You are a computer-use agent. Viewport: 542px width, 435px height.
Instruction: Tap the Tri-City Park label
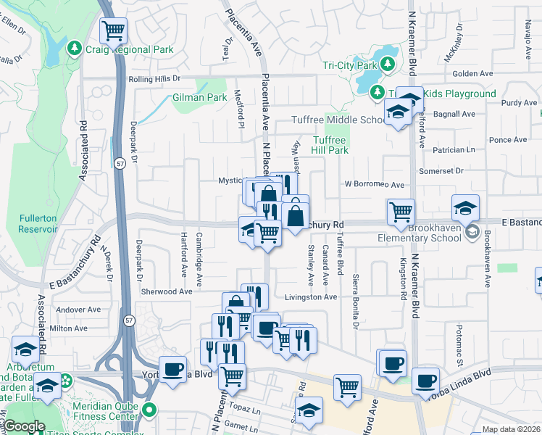(x=351, y=65)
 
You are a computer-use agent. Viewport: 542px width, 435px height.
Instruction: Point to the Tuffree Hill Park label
(x=330, y=145)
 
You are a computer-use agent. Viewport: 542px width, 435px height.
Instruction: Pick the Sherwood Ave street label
(x=167, y=291)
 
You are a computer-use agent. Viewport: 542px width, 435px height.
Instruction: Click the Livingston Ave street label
(x=311, y=297)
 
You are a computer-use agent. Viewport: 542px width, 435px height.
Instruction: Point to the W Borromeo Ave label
(x=374, y=185)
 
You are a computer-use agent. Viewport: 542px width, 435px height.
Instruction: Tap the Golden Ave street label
(x=473, y=74)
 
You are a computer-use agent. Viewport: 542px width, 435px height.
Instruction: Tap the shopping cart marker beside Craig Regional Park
(x=114, y=31)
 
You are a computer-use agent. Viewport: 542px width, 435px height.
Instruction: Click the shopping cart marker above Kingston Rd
(x=401, y=212)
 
